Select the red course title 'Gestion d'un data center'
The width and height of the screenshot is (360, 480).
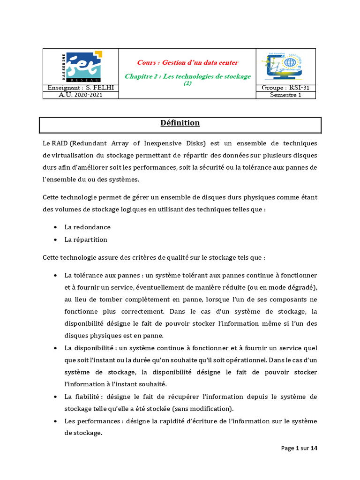coord(187,62)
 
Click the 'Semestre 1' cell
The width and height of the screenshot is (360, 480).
coord(285,95)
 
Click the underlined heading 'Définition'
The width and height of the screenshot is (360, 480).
coord(180,123)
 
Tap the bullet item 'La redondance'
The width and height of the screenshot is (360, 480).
coord(88,227)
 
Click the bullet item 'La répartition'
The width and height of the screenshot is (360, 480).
coord(86,240)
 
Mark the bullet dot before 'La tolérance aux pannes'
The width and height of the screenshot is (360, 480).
coord(55,275)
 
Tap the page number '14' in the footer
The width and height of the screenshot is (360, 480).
coord(314,448)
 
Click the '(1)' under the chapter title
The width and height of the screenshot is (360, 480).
coord(187,83)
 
